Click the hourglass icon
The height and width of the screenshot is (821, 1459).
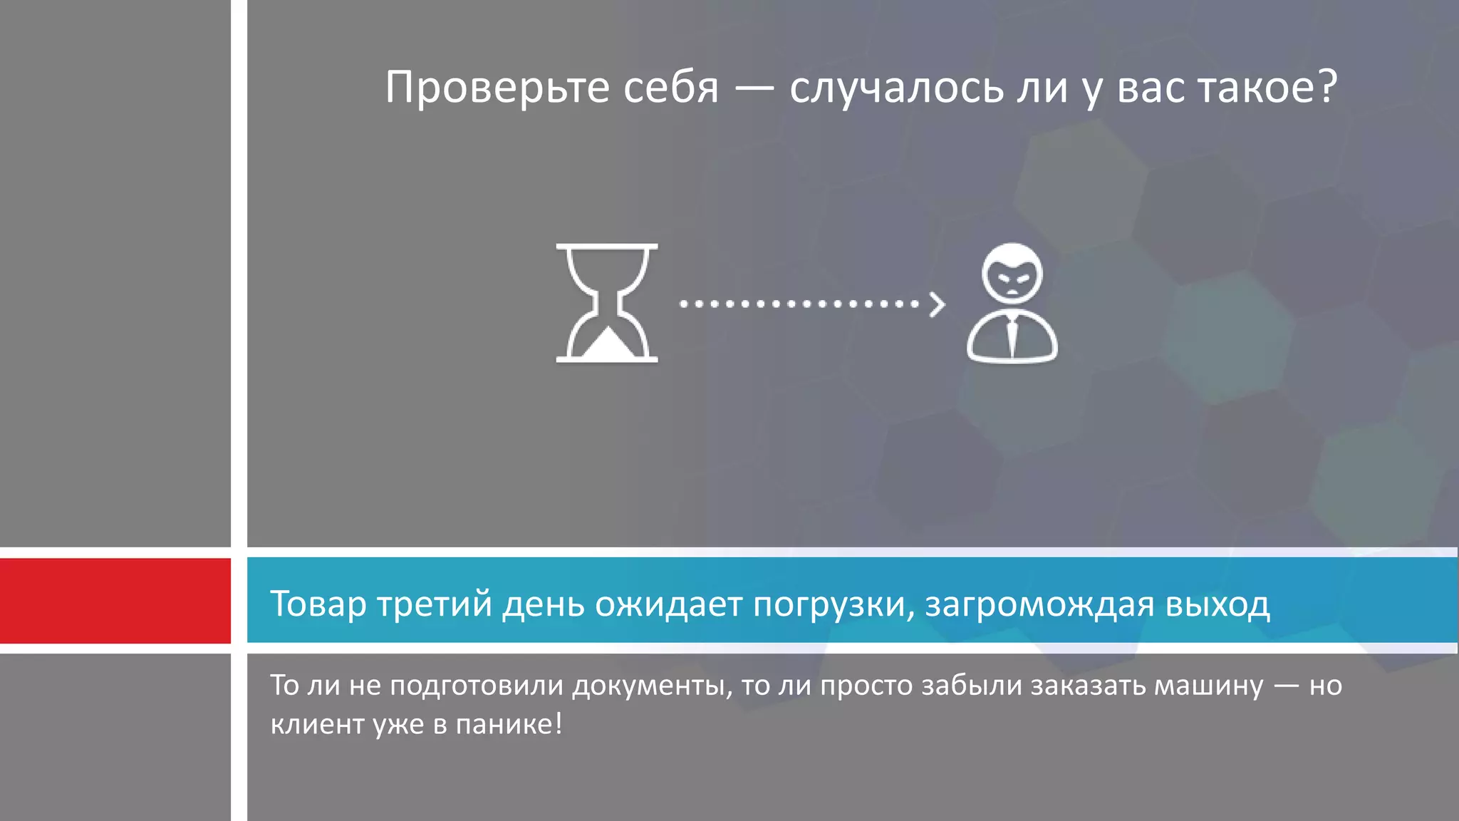607,303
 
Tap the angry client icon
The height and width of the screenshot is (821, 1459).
1012,304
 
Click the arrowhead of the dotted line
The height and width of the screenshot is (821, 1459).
938,304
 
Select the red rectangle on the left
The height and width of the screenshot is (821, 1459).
115,601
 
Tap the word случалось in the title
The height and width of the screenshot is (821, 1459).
896,88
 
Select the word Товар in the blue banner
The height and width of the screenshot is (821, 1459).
318,604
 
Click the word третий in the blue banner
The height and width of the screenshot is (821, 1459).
435,604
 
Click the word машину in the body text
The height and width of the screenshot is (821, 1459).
1208,686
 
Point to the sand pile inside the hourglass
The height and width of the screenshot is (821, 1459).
607,345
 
